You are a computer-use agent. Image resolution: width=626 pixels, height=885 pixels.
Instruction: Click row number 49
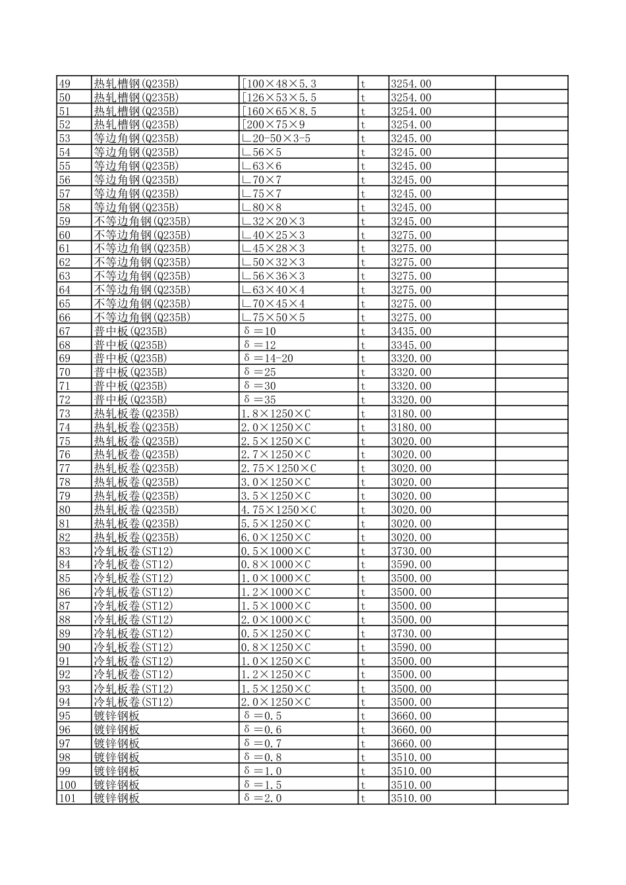click(x=65, y=84)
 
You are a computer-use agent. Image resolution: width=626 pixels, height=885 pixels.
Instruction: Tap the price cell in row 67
click(x=411, y=331)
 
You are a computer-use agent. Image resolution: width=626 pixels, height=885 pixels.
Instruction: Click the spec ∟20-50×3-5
click(x=275, y=138)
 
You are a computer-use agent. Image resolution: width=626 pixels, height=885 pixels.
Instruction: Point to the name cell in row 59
click(x=142, y=221)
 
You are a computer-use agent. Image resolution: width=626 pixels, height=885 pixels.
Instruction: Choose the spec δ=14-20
click(x=268, y=358)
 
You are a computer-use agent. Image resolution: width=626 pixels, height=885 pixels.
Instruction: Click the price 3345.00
click(x=411, y=345)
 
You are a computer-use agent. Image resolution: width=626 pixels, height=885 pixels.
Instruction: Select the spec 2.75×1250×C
click(x=279, y=468)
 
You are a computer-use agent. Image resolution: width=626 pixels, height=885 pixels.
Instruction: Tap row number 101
click(x=67, y=798)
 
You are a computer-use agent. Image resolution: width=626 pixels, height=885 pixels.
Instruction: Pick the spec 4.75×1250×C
click(x=279, y=510)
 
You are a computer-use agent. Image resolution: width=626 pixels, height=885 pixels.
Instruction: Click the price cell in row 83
click(x=411, y=551)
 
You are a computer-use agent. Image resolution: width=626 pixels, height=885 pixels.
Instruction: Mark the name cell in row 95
click(x=117, y=716)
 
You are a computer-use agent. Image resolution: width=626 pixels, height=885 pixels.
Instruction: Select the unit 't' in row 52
click(x=362, y=124)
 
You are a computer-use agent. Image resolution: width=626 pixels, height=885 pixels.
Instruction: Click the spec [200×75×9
click(x=273, y=124)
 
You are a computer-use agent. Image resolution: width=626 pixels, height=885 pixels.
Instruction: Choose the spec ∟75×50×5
click(x=273, y=317)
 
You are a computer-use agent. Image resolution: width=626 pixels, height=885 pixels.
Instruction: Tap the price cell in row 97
click(x=411, y=743)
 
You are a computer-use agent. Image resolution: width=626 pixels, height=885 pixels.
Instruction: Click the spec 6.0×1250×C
click(x=275, y=537)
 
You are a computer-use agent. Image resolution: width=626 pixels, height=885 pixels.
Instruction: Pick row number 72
click(x=65, y=400)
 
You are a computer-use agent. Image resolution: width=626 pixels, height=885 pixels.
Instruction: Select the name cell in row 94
click(x=133, y=702)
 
